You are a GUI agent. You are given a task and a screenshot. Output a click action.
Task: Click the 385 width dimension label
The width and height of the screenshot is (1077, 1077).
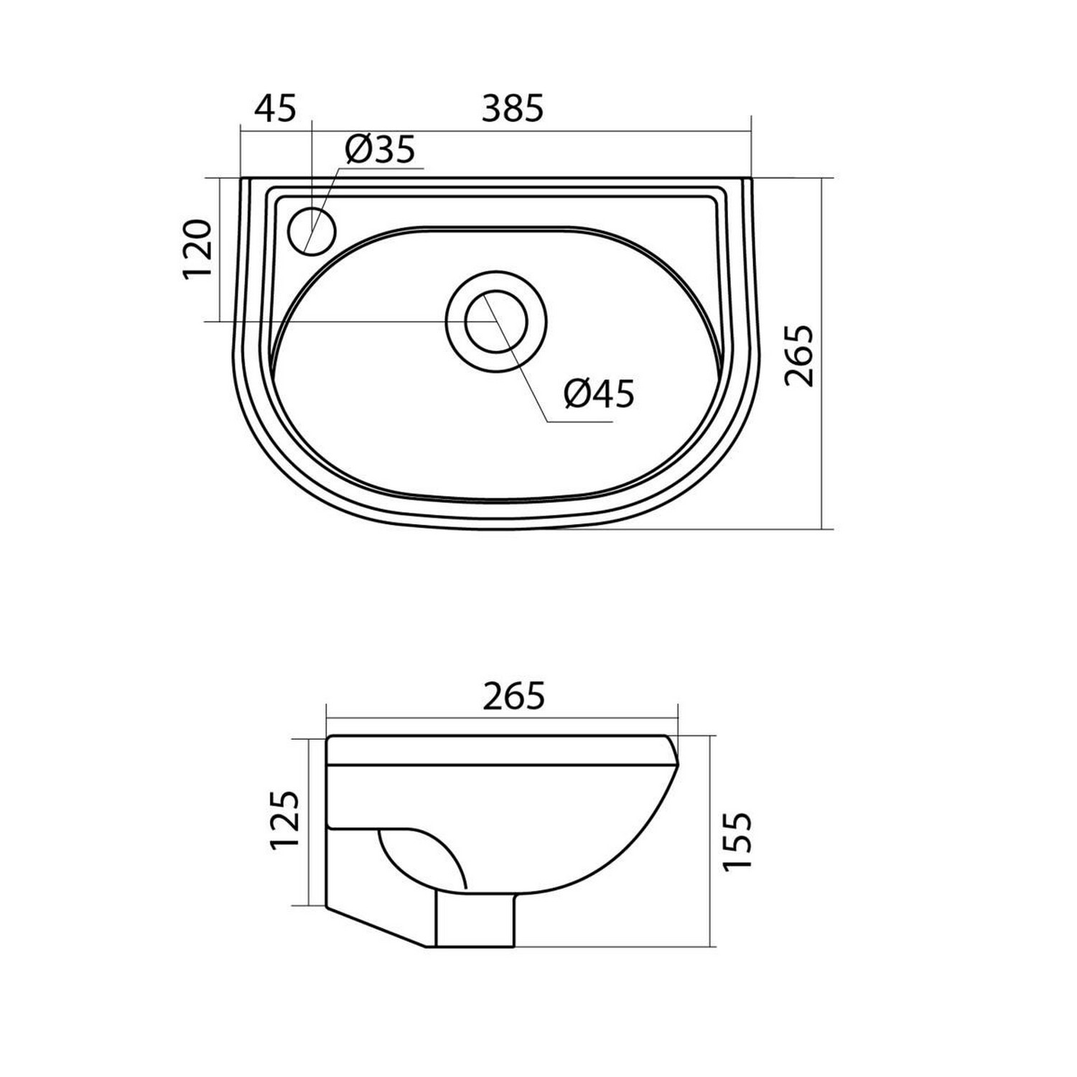pos(513,108)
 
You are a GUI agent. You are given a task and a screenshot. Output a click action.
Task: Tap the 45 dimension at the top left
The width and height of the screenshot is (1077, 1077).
pos(276,108)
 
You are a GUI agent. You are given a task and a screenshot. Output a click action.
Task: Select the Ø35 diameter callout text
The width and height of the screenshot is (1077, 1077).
pos(380,149)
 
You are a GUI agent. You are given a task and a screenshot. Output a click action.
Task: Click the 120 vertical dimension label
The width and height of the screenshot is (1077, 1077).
pos(198,249)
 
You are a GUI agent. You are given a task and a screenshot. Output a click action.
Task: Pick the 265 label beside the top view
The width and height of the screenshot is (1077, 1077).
pos(799,355)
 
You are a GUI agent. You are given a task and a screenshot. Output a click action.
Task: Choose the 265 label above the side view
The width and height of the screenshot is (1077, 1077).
pos(514,696)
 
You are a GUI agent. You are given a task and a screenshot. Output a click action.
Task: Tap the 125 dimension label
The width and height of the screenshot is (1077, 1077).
pos(284,820)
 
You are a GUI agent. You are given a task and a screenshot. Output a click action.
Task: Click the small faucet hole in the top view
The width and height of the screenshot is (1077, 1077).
pos(312,230)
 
